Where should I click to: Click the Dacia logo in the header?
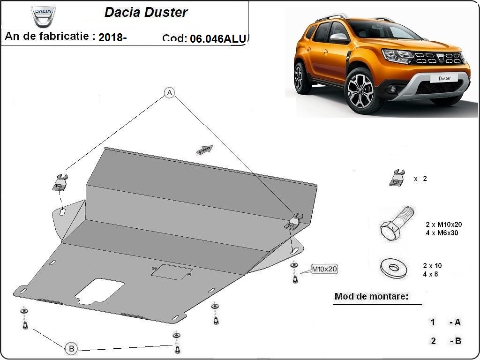click(x=43, y=16)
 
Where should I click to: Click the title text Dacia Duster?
click(x=146, y=12)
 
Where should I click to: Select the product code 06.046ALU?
click(x=218, y=38)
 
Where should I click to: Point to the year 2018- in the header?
click(x=112, y=37)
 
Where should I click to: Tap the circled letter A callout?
click(x=169, y=92)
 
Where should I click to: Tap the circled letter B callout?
click(x=71, y=348)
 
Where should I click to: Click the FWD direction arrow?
click(x=204, y=150)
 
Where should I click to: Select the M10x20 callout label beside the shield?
click(x=324, y=269)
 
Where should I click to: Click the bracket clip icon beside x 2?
click(x=397, y=178)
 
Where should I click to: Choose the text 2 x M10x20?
click(x=443, y=225)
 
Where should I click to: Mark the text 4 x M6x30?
click(x=442, y=233)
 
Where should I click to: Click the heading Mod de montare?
click(x=371, y=296)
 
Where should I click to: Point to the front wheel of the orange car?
click(x=360, y=90)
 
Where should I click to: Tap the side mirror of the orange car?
click(x=339, y=37)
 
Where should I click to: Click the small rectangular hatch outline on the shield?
click(x=172, y=271)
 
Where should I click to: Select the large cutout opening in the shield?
click(x=99, y=291)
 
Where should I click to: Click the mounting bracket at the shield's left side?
click(x=60, y=182)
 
